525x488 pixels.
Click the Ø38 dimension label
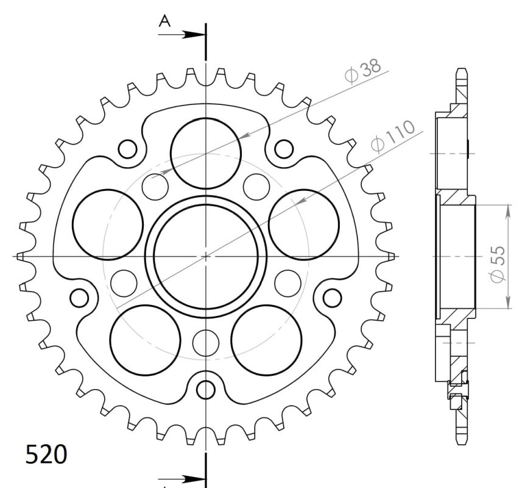363,71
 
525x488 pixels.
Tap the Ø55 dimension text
498,264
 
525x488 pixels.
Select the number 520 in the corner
46,454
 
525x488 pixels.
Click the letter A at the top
164,21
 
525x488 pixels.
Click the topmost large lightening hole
206,118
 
